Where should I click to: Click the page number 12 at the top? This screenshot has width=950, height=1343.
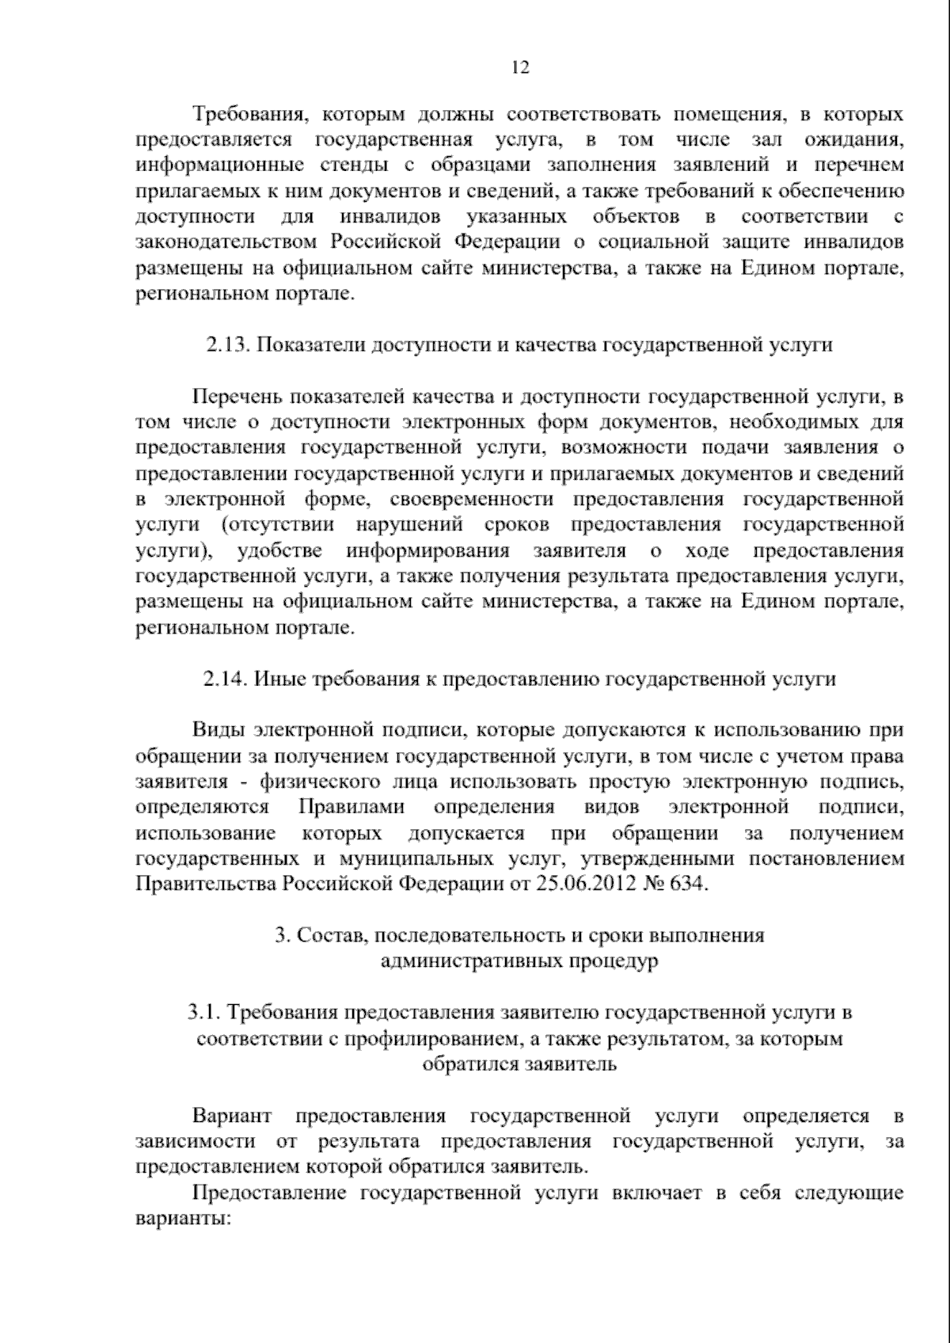[520, 67]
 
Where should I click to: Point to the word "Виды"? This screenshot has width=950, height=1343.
[214, 730]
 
